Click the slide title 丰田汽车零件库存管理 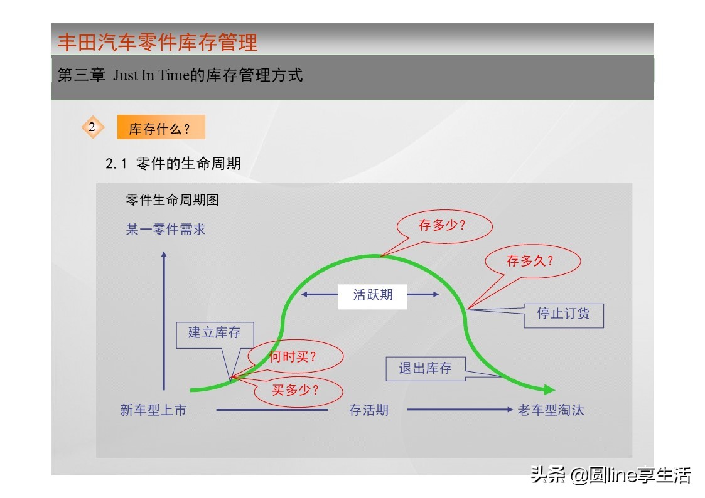[158, 43]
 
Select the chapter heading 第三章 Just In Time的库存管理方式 [180, 76]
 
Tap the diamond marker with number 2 [93, 127]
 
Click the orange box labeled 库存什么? [161, 129]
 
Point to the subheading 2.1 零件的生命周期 [173, 164]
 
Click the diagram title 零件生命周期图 [172, 200]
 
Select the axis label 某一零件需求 [166, 230]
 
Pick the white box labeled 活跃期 [373, 295]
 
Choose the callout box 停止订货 [563, 314]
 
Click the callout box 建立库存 [215, 333]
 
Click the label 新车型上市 [153, 410]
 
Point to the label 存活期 [369, 410]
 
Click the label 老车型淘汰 [551, 410]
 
